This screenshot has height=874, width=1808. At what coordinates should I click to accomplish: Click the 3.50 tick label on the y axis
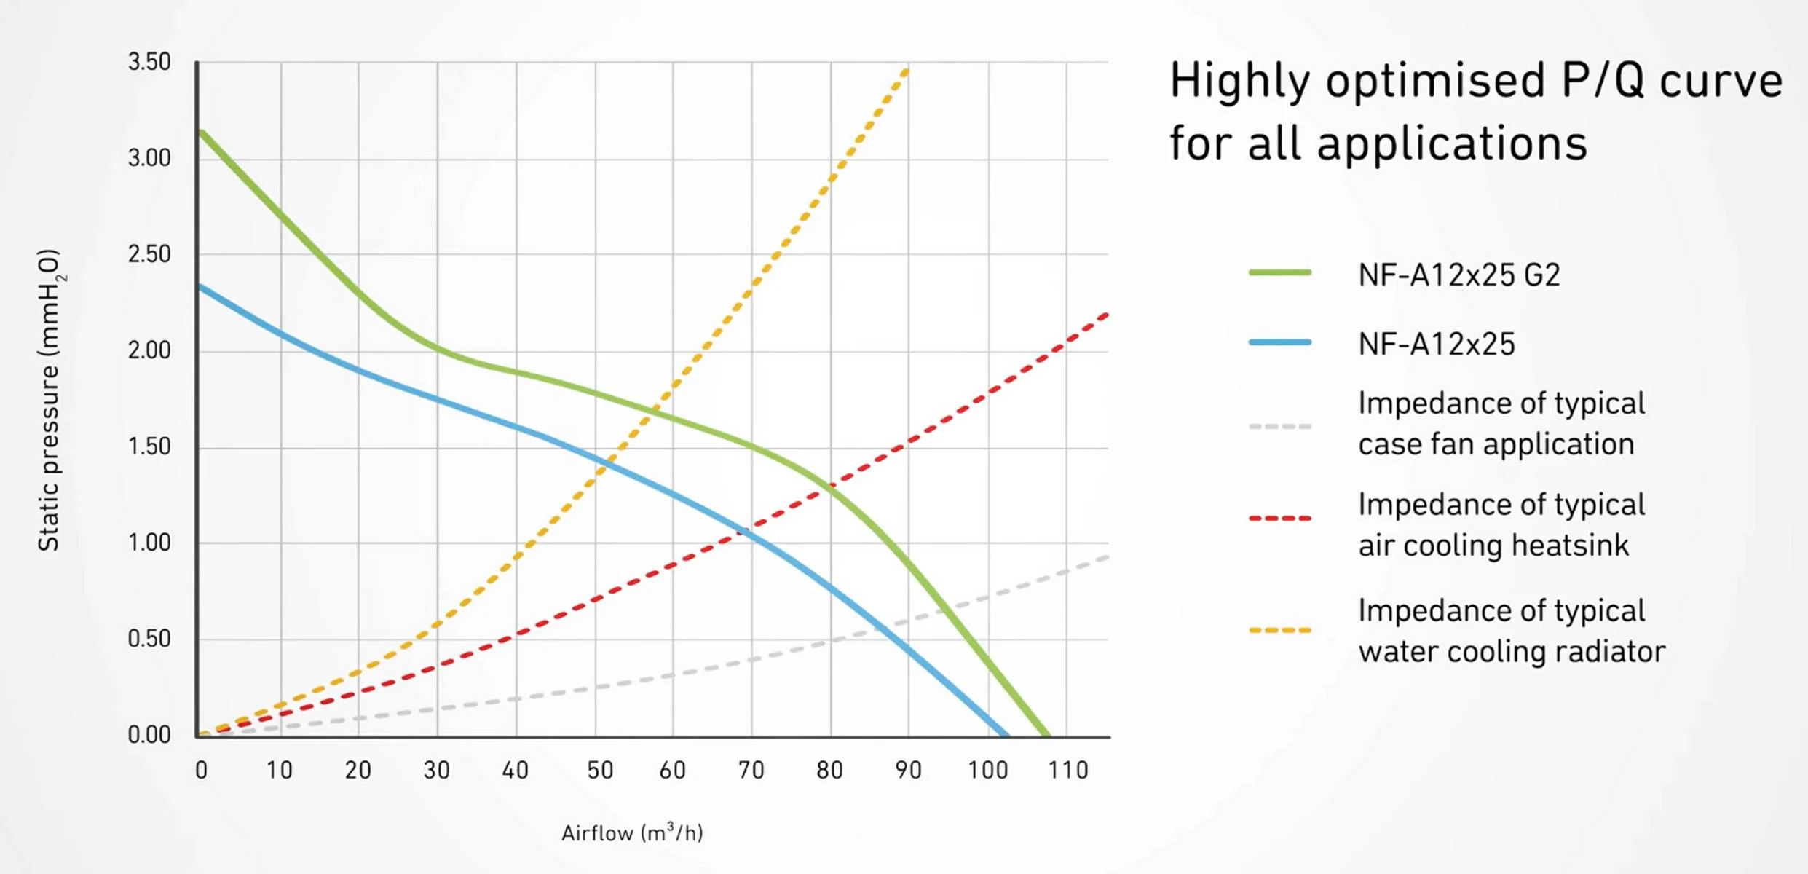pos(149,62)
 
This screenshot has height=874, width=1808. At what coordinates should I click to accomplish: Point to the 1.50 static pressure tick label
pos(149,446)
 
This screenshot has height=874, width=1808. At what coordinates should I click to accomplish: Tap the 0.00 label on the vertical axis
pos(149,735)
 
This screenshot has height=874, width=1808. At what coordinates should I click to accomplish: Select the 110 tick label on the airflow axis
pos(1067,771)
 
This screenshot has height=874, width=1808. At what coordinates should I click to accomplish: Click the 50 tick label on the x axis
pos(600,771)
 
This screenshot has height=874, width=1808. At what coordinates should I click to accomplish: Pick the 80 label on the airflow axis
pos(829,771)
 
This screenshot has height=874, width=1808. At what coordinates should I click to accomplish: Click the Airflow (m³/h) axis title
pos(632,832)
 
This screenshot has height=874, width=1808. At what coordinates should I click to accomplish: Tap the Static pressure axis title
pos(50,401)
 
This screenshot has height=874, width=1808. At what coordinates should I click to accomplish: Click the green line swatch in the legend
pos(1279,273)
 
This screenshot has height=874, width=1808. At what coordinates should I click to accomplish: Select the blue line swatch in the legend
pos(1279,342)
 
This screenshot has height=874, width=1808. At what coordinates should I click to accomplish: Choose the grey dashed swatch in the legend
pos(1279,426)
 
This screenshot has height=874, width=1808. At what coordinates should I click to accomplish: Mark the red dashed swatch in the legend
pos(1279,519)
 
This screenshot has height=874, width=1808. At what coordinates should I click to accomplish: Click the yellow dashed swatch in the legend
pos(1279,630)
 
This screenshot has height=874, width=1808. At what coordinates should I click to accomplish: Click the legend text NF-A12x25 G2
pos(1458,275)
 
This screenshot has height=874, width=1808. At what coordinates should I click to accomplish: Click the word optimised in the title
pos(1434,82)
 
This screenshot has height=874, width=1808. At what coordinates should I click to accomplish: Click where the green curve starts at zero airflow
pos(200,132)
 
